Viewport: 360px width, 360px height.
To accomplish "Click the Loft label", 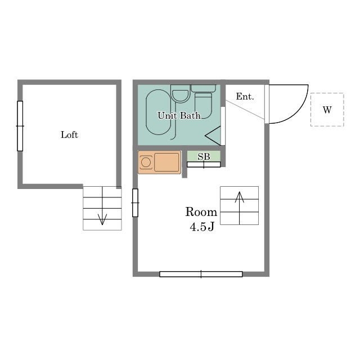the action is click(x=69, y=135).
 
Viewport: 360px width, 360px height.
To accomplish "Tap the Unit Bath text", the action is click(x=179, y=115).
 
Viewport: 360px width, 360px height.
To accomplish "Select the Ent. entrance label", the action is click(x=245, y=96).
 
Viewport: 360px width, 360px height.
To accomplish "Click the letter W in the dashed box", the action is click(x=327, y=110).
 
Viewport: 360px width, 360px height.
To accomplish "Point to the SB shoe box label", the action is click(x=204, y=156).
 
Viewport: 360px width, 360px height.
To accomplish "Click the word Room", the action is click(x=201, y=212).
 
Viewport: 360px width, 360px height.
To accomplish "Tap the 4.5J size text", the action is click(x=202, y=227).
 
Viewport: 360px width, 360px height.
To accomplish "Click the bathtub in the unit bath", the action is click(x=159, y=112).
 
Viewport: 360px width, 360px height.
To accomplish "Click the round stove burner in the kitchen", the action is click(x=146, y=163).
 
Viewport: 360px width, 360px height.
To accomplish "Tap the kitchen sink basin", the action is click(x=166, y=163).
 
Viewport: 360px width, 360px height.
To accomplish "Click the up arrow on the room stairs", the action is click(x=240, y=208).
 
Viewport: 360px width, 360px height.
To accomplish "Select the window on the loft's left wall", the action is click(x=20, y=126).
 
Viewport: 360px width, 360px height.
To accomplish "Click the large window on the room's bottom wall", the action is click(x=201, y=274).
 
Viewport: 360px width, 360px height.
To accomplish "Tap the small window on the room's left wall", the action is click(x=135, y=202).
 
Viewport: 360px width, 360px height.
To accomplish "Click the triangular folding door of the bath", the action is click(x=213, y=136).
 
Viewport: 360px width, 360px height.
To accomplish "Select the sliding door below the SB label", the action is click(x=204, y=164).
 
